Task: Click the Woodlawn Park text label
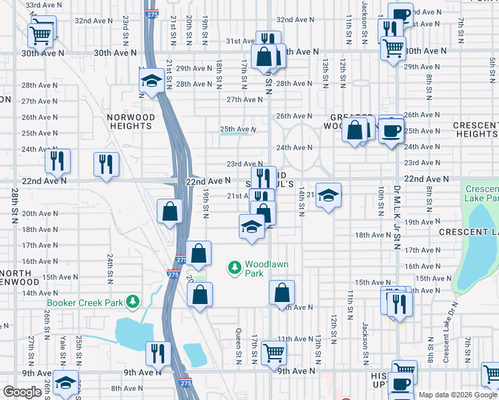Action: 266,269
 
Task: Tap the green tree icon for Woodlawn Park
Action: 234,268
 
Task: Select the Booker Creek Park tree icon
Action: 133,303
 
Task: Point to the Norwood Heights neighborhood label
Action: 131,121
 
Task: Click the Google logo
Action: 22,392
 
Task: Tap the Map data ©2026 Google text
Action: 458,395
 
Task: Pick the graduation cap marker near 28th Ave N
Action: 152,82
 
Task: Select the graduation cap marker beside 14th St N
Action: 328,195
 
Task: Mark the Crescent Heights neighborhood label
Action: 475,129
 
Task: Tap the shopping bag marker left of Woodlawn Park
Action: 199,253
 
